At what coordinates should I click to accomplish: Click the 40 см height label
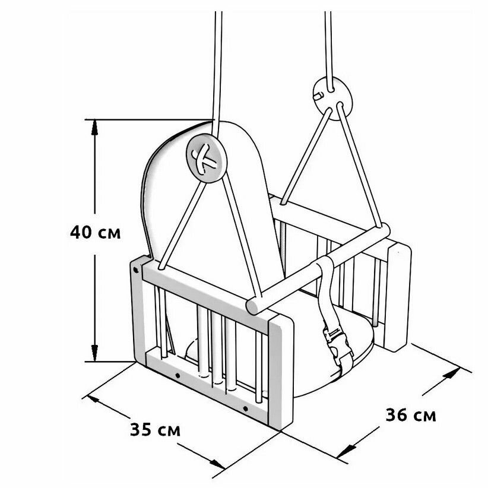coord(95,232)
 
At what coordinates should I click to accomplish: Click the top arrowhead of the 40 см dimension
coord(94,127)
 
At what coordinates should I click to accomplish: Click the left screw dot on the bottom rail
coord(178,376)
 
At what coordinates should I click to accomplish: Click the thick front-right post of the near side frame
coord(281,371)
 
